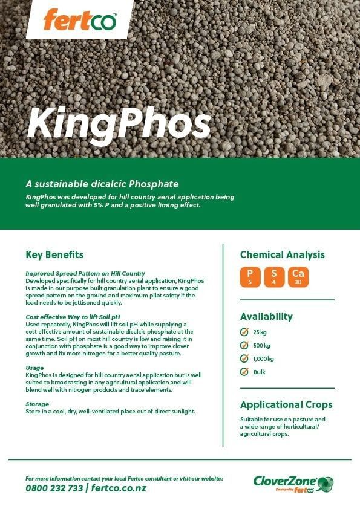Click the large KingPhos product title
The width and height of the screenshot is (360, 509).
tap(119, 123)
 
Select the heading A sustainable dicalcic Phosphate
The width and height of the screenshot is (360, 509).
tap(102, 183)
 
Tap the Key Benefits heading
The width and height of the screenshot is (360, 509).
tap(54, 254)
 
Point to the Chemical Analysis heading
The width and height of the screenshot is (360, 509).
tap(282, 254)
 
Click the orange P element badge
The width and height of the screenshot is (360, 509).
tap(250, 276)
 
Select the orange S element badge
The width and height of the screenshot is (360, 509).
tap(273, 276)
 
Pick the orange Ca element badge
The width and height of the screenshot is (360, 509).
tap(298, 276)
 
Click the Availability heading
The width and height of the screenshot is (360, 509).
tap(266, 316)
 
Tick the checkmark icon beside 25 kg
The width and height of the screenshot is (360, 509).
tap(244, 332)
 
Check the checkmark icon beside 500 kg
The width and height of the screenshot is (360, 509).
tap(244, 345)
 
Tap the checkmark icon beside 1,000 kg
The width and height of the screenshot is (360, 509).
tap(244, 358)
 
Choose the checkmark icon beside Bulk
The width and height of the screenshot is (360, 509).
tap(244, 372)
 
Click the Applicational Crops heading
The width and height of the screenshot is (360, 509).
tap(286, 404)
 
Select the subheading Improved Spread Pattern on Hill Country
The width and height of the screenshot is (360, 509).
tap(85, 274)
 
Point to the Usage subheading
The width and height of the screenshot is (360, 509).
tap(34, 368)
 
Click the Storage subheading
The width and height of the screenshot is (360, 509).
tap(38, 404)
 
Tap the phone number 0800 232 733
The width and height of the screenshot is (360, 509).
tap(54, 488)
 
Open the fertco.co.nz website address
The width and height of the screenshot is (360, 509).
tap(119, 488)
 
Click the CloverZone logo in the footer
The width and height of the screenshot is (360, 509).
tap(293, 484)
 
